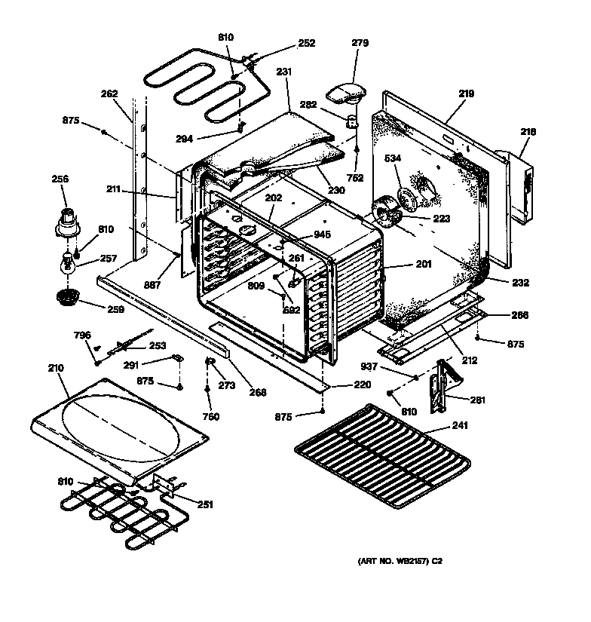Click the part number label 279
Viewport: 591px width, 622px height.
click(360, 43)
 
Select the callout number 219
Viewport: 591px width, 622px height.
click(466, 93)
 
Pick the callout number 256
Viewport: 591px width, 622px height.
click(59, 179)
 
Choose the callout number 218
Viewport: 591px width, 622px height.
click(528, 132)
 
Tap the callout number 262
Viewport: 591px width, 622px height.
click(109, 94)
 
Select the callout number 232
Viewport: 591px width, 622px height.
click(520, 283)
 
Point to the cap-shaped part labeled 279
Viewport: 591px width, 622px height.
click(344, 94)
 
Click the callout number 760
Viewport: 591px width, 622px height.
click(211, 417)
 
